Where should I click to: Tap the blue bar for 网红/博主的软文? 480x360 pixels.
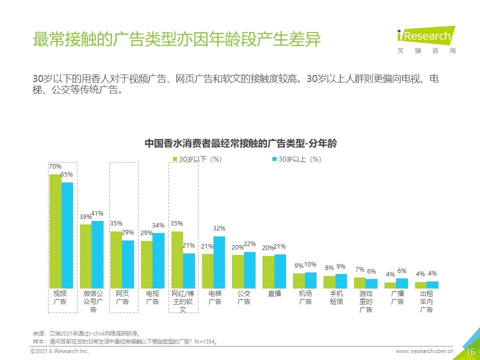coord(188,270)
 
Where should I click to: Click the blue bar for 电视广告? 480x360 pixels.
coord(158,260)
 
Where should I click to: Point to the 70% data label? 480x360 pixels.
coord(55,166)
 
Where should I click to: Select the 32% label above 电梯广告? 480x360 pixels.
coord(219,228)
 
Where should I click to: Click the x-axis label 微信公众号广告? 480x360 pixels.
coord(93,301)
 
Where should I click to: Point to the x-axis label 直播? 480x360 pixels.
coord(274,294)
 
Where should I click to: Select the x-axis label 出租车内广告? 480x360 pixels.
coord(426,301)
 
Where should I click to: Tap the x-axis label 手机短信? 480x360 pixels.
coord(336,298)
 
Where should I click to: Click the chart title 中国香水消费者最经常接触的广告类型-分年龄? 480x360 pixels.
coord(240,143)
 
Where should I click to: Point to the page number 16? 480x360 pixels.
coord(470,351)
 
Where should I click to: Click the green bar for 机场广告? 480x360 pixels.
coord(298,280)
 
